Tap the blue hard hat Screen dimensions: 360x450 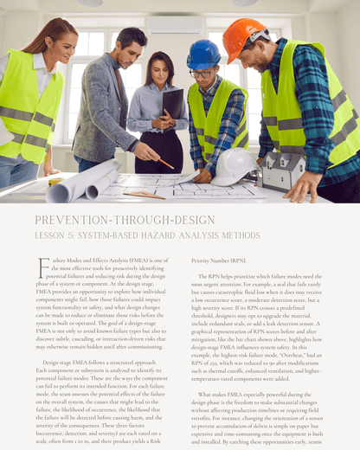pos(203,55)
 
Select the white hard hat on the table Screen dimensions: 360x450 pos(236,164)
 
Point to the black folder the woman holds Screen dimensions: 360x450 pos(172,103)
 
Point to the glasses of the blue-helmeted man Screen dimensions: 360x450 pos(201,74)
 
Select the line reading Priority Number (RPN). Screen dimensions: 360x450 pos(219,260)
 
